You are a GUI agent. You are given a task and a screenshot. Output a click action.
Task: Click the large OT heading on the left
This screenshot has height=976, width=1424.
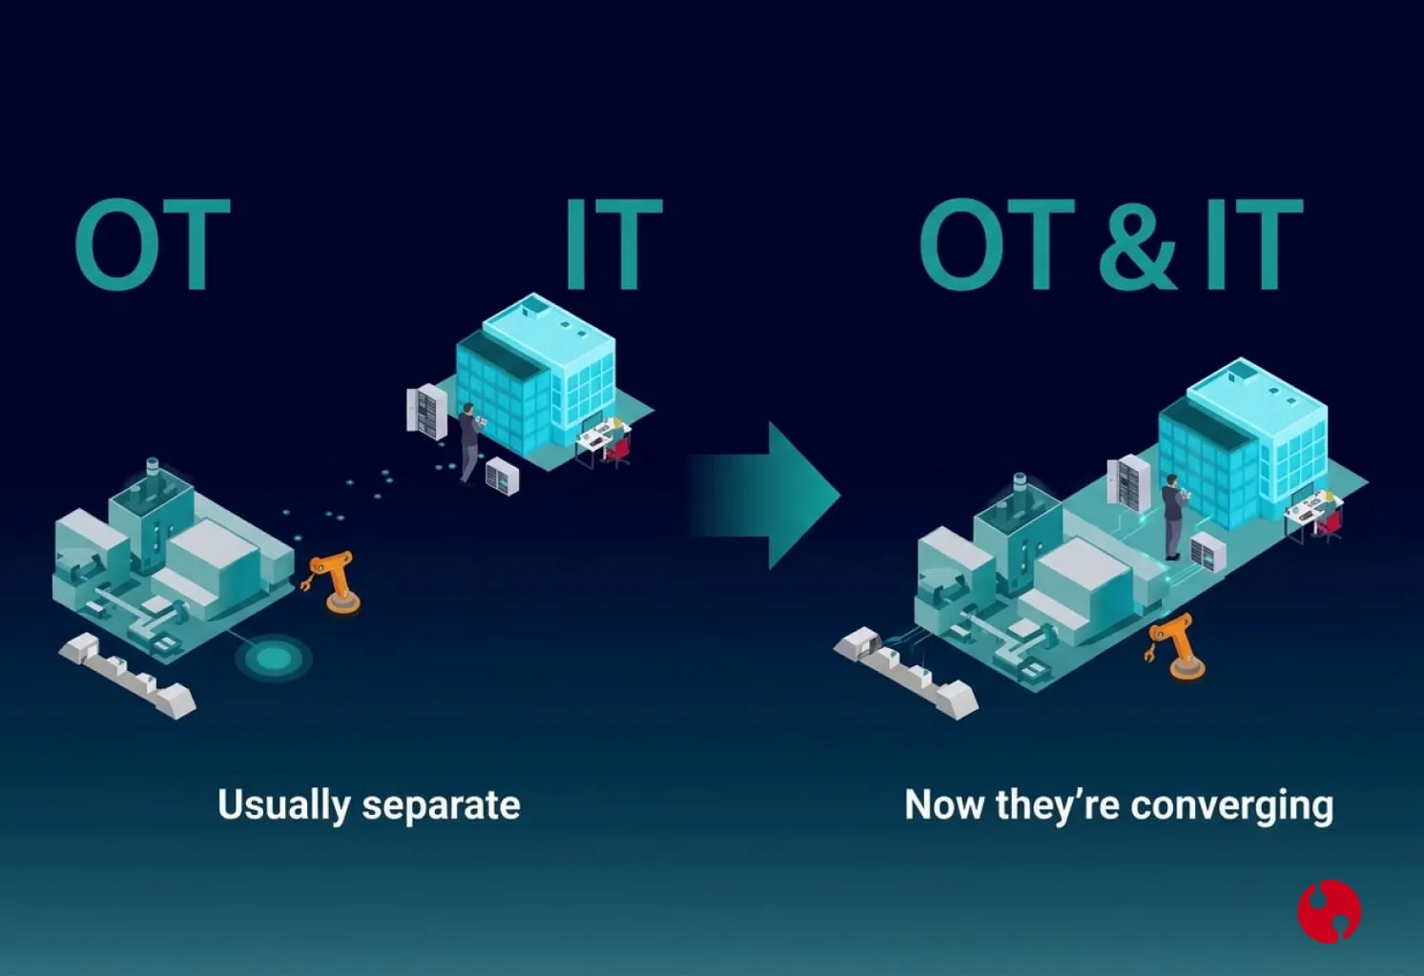tap(153, 244)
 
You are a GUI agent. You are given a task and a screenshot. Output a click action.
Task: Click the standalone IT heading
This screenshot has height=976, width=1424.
tap(613, 244)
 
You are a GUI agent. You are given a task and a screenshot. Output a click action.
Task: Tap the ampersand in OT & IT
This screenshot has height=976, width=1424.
tap(1137, 244)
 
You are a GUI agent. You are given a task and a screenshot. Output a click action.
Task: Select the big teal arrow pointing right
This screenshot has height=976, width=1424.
tap(766, 496)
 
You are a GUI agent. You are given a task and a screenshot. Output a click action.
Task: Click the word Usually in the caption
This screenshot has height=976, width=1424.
tap(283, 805)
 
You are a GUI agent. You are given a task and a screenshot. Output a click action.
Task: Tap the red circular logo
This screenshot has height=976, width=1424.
tap(1330, 911)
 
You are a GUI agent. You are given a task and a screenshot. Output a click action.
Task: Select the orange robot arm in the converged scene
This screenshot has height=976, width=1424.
tap(1176, 647)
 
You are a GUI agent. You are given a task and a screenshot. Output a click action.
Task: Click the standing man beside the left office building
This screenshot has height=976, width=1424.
tap(469, 444)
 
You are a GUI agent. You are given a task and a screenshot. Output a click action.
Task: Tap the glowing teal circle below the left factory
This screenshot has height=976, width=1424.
tap(274, 658)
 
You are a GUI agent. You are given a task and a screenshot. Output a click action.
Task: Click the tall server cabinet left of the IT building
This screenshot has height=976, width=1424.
tap(426, 412)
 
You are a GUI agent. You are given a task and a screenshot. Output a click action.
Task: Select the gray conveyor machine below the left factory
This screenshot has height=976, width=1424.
tap(127, 676)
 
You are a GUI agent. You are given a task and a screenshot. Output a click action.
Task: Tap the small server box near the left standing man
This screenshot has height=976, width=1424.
tap(502, 476)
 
